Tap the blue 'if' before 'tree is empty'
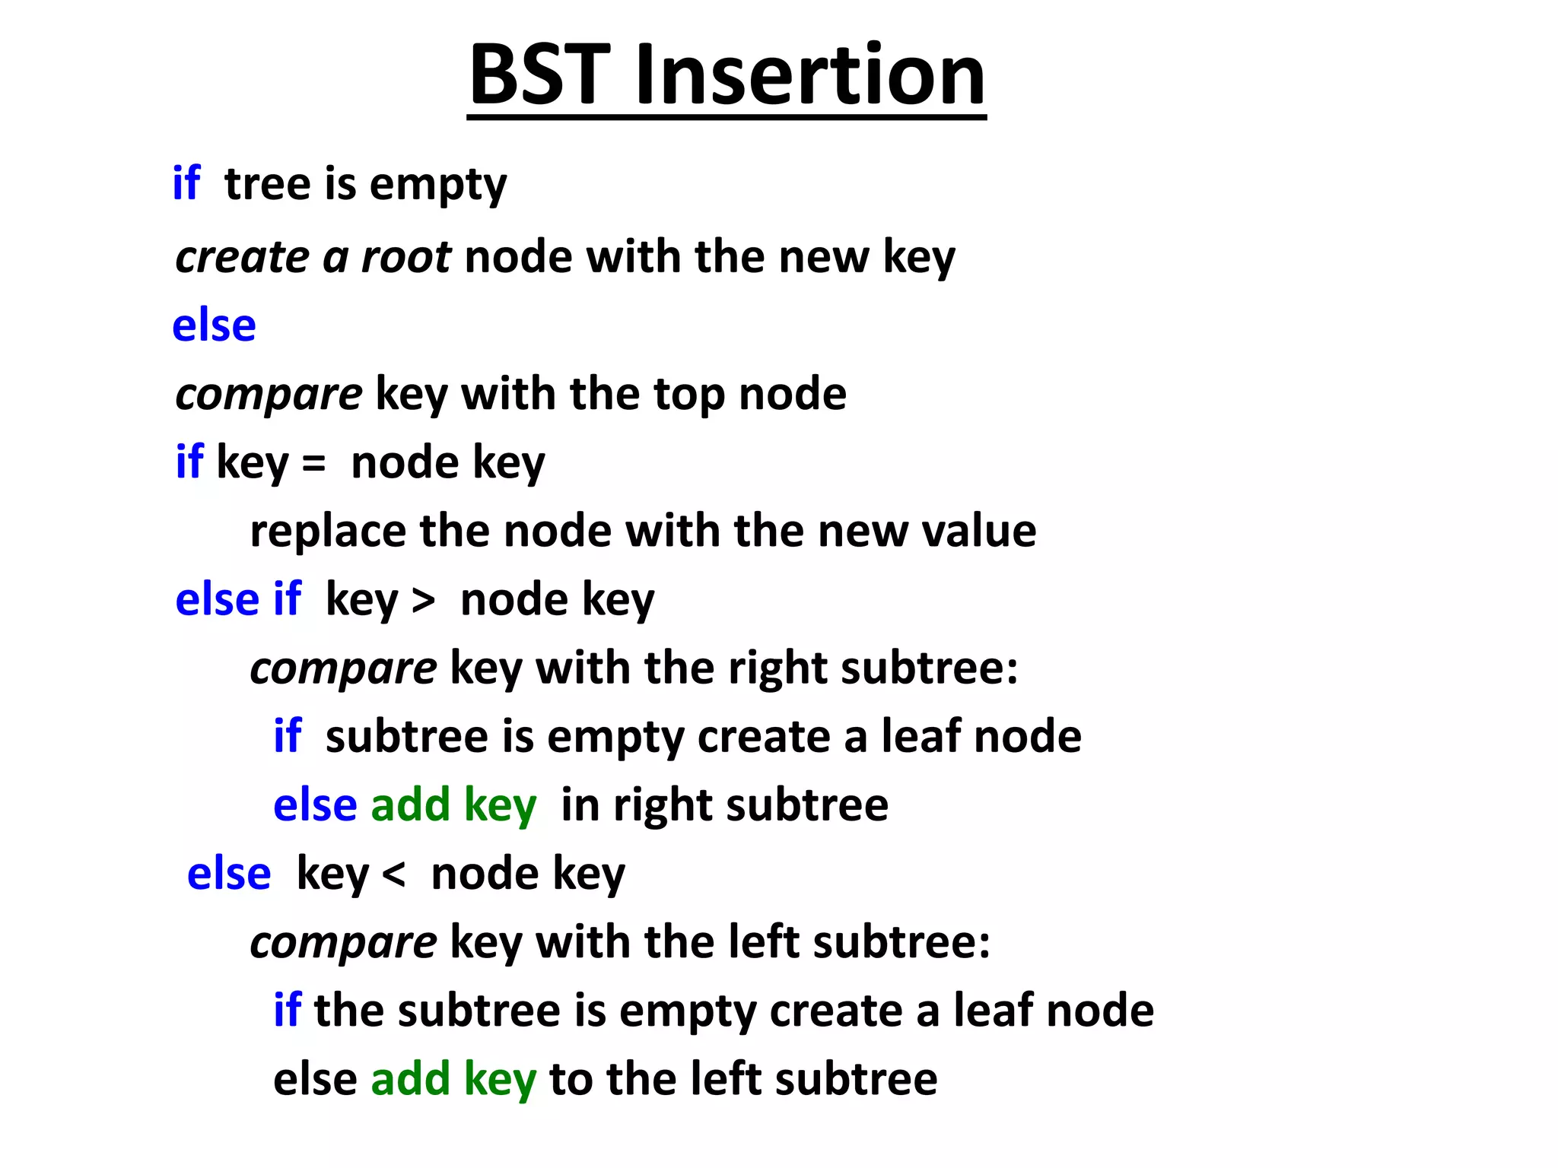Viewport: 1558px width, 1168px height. point(186,183)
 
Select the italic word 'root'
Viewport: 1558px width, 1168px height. point(405,257)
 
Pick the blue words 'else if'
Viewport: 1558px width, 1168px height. point(238,599)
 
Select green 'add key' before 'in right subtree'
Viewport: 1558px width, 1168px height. point(453,805)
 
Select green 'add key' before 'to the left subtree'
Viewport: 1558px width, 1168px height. point(453,1079)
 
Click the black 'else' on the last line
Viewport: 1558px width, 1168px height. point(315,1079)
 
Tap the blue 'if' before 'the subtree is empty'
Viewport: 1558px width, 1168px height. point(287,1010)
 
